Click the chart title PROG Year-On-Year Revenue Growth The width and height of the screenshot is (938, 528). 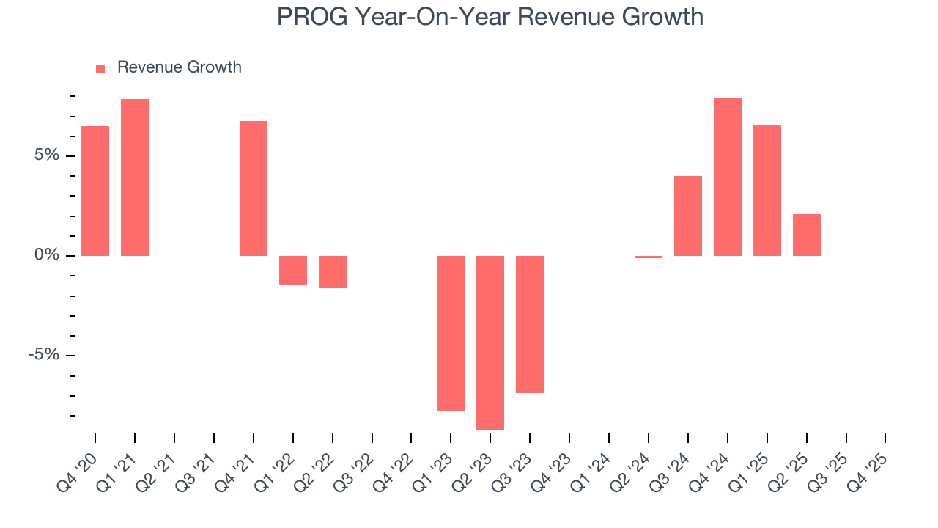click(490, 17)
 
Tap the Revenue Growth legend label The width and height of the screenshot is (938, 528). click(179, 67)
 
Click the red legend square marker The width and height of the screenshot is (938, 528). click(100, 69)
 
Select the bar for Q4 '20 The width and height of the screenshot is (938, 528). click(95, 191)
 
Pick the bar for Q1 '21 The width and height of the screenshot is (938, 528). click(135, 177)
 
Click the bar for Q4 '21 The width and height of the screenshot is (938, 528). click(254, 188)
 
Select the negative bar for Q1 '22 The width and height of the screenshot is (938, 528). click(293, 271)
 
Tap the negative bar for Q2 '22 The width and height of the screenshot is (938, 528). click(333, 272)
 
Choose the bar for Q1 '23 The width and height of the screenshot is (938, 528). click(451, 334)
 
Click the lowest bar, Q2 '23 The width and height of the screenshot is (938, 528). click(490, 342)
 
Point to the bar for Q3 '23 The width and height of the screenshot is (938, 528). click(530, 324)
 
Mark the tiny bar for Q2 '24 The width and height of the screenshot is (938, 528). click(649, 257)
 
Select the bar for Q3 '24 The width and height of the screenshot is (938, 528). click(688, 216)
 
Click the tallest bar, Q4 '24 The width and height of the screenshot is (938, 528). click(728, 177)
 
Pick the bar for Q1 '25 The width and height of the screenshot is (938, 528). click(767, 190)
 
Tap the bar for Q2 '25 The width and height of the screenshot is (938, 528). click(807, 235)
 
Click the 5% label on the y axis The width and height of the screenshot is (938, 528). click(48, 155)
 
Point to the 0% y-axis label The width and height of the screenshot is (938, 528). click(48, 255)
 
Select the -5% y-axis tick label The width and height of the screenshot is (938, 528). click(45, 355)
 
